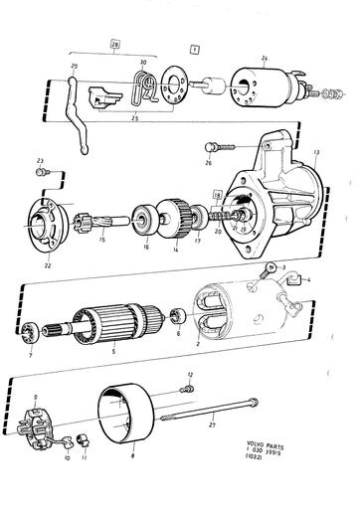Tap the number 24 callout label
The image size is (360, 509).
[264, 58]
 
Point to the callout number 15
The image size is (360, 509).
[101, 240]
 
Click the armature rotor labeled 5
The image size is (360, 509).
[119, 321]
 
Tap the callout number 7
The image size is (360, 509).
[31, 355]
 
